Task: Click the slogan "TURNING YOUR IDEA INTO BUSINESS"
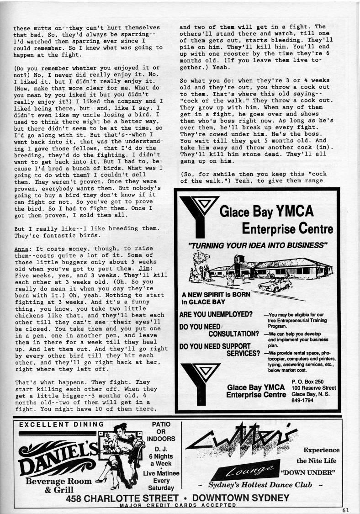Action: (258, 245)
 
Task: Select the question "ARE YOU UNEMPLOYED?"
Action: (216, 314)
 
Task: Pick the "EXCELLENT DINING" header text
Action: (62, 424)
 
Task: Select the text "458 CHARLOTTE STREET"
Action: (122, 498)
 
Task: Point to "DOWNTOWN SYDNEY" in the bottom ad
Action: (241, 498)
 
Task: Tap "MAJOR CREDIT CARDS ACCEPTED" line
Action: (178, 505)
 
